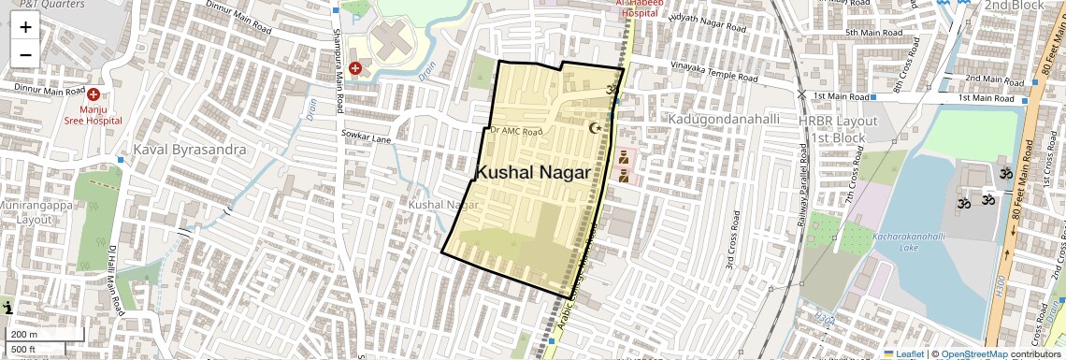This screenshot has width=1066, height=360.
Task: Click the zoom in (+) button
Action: [25, 27]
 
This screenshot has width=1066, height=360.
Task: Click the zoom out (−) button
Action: [25, 54]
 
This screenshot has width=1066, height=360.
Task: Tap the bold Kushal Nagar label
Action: [533, 173]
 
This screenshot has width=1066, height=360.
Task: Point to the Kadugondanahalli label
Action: [723, 120]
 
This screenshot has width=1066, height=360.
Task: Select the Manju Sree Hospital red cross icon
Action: [94, 95]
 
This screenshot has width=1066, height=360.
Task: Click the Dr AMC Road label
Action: [516, 132]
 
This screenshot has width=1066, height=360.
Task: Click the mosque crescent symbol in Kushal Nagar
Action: [592, 127]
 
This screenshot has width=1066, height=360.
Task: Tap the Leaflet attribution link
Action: [903, 354]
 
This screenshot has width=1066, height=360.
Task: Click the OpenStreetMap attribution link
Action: [974, 354]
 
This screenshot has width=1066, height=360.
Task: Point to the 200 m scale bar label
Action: [24, 335]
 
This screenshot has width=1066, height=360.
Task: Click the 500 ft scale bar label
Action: [24, 350]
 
